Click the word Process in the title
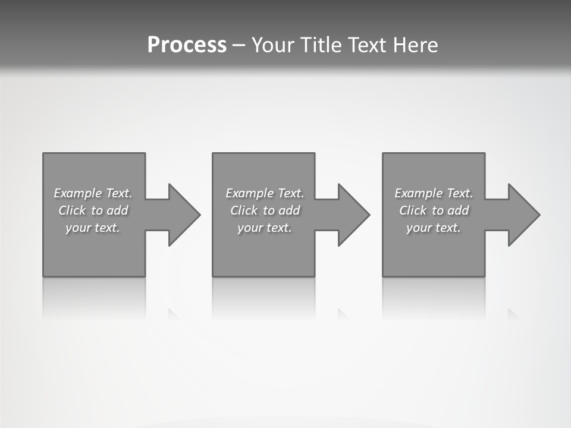(187, 45)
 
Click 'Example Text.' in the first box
(93, 193)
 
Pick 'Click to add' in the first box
(93, 210)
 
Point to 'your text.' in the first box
(93, 228)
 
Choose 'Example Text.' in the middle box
(265, 193)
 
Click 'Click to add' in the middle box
(265, 210)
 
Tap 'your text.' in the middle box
(265, 228)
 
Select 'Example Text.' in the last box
(434, 193)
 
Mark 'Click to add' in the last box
(434, 210)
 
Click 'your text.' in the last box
(434, 228)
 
